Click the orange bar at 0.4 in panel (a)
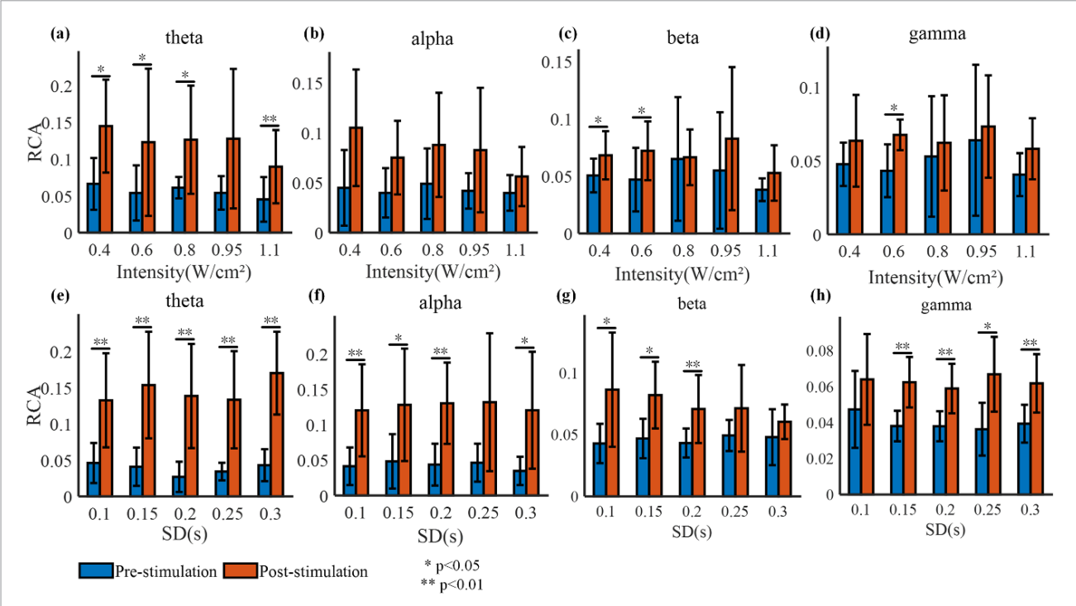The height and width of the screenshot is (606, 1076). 106,179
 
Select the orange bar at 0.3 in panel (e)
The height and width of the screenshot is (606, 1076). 275,434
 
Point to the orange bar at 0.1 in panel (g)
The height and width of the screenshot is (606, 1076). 613,442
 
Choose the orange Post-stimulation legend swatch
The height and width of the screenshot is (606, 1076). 246,571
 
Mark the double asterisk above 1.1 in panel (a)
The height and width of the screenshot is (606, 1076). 270,120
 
